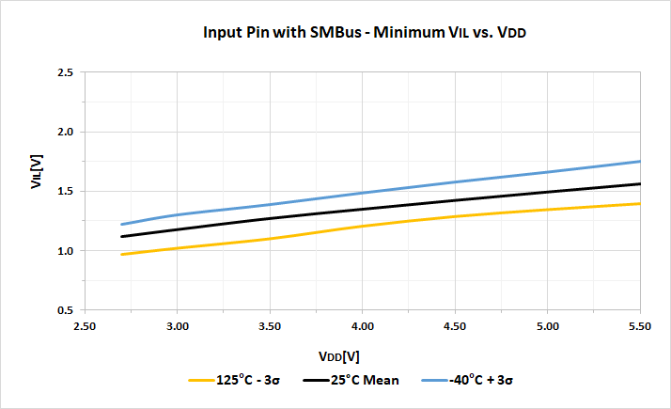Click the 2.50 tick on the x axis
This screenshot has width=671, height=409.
85,326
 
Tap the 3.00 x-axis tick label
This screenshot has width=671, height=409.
177,326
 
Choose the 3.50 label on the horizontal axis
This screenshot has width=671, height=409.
270,326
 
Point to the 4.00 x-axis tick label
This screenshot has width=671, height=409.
362,326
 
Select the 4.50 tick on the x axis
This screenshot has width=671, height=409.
455,326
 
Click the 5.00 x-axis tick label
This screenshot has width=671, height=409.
547,326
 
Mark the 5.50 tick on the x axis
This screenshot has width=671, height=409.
640,326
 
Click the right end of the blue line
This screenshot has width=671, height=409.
640,161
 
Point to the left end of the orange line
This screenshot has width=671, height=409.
121,255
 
